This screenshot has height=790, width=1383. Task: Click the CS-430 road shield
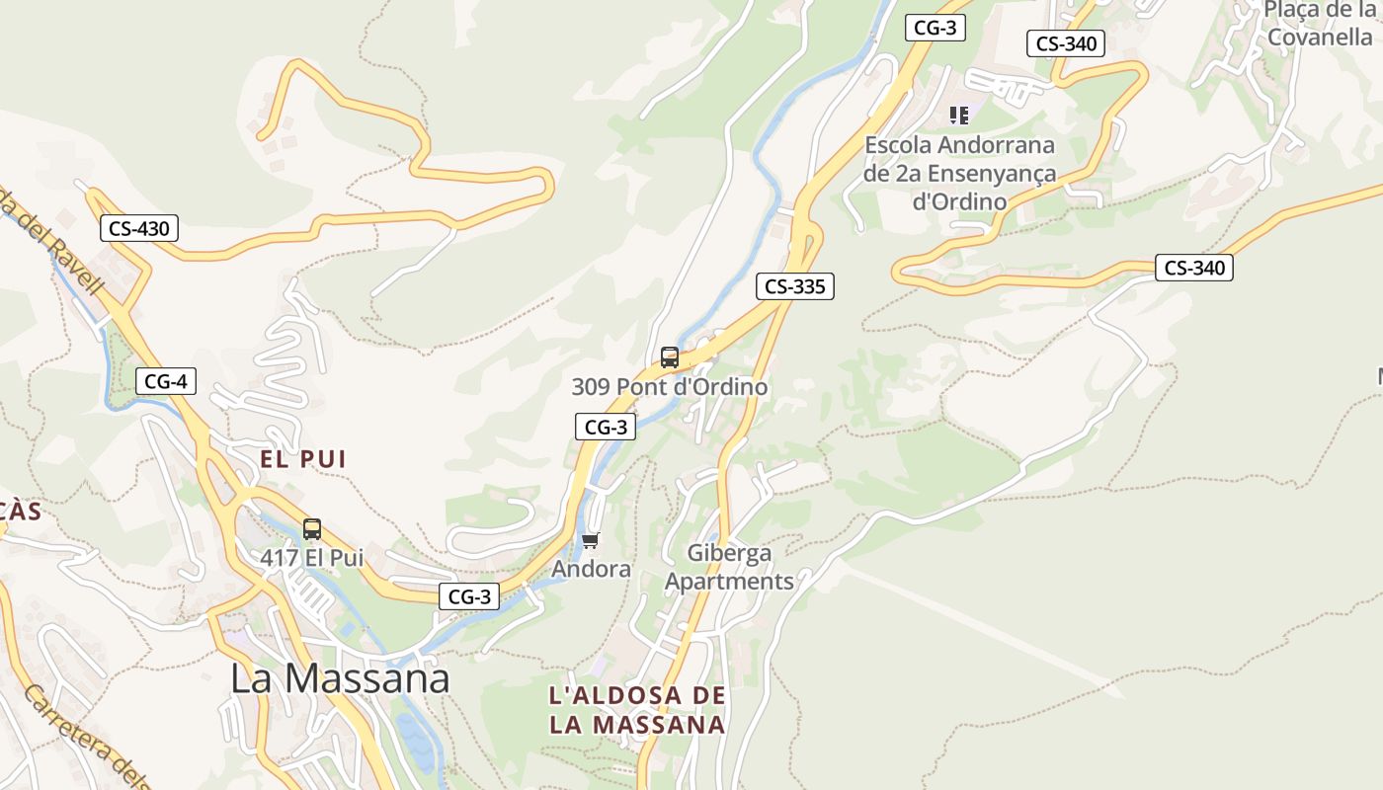coord(139,229)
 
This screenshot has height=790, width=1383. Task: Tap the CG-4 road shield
coord(166,381)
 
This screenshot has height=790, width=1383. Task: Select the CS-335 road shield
coord(795,286)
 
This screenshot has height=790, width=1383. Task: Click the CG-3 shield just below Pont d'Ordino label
coord(606,427)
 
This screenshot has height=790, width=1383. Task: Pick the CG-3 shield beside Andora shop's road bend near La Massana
coord(469,596)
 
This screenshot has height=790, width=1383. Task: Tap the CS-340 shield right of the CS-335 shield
coord(1194,268)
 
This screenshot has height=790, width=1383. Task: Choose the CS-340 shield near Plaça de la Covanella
coord(1066,43)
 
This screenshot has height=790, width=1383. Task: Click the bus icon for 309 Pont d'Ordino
coord(670,357)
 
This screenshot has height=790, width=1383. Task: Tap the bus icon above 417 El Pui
coord(312,529)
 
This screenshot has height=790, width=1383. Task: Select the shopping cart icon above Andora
coord(591,540)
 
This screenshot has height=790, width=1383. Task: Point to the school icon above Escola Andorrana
coord(958,116)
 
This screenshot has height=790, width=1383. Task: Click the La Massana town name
coord(340,678)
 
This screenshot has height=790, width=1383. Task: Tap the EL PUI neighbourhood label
coord(303,459)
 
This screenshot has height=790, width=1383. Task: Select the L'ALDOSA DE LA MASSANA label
coord(637,710)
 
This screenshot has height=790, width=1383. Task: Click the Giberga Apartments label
coord(729,567)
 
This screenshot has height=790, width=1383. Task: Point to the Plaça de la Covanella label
coord(1321,24)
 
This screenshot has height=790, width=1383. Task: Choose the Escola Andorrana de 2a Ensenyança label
coord(960,173)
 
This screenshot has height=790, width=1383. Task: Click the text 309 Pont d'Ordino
coord(670,387)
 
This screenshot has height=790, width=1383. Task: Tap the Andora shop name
coord(591,570)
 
